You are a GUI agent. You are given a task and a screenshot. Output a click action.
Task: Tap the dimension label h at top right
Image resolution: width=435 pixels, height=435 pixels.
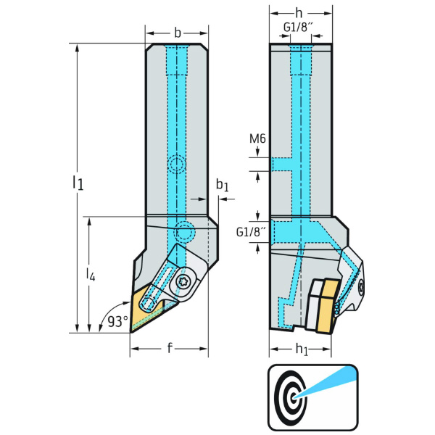coord(301,13)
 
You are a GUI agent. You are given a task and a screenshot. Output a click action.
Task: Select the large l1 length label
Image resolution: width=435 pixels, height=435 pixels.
coord(78,182)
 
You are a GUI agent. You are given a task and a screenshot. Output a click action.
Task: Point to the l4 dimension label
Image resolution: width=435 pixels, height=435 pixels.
coord(91,273)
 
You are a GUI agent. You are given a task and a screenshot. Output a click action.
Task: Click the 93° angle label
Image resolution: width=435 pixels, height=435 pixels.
coord(116,320)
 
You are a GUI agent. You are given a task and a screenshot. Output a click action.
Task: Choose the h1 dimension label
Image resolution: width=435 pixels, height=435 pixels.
coord(302,349)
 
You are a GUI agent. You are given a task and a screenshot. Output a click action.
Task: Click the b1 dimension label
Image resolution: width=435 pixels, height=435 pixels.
coord(222,187)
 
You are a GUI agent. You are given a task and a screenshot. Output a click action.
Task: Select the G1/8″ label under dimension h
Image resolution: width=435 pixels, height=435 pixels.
coord(299,28)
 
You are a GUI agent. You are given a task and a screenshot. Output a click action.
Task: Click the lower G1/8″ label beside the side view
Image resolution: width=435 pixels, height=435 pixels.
coord(250,232)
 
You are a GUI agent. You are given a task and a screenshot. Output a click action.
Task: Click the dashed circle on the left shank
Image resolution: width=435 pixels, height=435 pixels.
coord(176,164)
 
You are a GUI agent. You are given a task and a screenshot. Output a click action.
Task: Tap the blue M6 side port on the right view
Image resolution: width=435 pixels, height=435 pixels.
coord(281,164)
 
